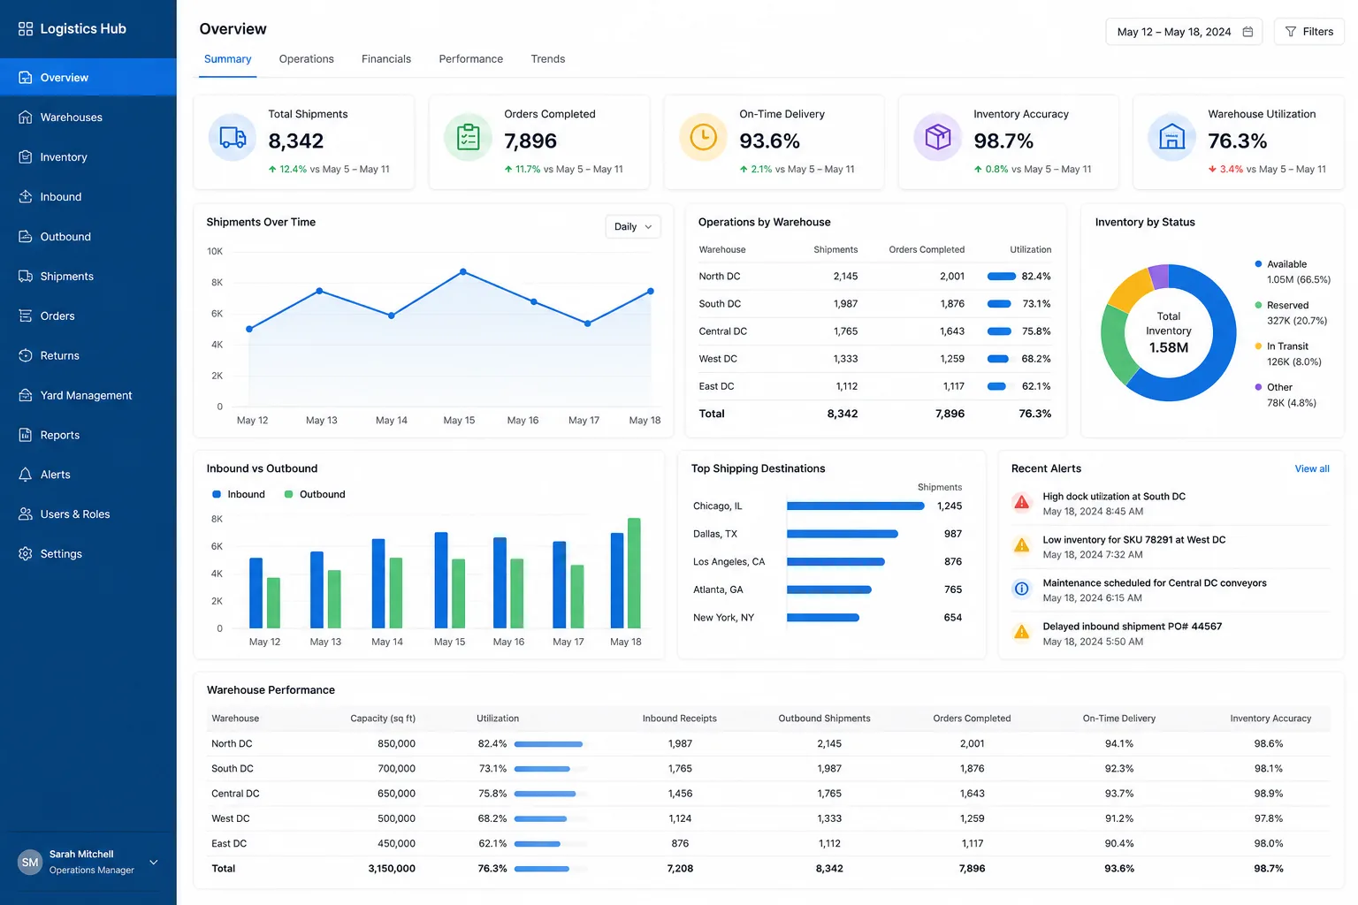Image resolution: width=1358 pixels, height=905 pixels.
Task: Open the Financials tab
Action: [x=386, y=59]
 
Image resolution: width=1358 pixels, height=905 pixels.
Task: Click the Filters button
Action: [x=1308, y=32]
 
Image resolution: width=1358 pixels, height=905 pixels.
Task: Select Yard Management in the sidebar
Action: [x=86, y=395]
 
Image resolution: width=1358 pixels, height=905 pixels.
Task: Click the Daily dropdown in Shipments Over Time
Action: [x=632, y=227]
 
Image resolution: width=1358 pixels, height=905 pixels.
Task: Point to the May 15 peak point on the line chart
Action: [x=463, y=272]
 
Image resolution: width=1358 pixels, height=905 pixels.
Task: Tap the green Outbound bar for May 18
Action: [x=634, y=573]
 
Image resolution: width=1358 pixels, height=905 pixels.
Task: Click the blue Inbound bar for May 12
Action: [x=256, y=593]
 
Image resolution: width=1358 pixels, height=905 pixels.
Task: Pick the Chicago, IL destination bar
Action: [x=856, y=506]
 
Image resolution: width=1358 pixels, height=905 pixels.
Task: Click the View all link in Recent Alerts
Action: [x=1312, y=468]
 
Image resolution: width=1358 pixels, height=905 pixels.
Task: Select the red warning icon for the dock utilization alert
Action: [x=1021, y=503]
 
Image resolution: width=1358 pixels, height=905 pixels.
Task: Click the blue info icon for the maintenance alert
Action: [x=1021, y=589]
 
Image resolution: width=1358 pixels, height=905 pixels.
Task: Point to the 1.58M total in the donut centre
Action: [x=1168, y=347]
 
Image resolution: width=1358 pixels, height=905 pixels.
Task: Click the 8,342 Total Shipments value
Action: [x=296, y=141]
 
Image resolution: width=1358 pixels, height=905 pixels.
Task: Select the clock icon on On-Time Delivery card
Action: [x=703, y=137]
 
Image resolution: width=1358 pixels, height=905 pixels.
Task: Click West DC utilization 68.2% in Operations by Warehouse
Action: [x=1036, y=359]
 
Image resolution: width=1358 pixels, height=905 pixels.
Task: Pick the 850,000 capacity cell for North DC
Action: [x=396, y=743]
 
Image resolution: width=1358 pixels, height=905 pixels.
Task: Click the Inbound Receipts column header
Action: [x=680, y=719]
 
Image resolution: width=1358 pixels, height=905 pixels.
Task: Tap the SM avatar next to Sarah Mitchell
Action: [x=30, y=862]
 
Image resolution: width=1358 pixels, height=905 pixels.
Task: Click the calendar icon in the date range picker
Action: [x=1247, y=32]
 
